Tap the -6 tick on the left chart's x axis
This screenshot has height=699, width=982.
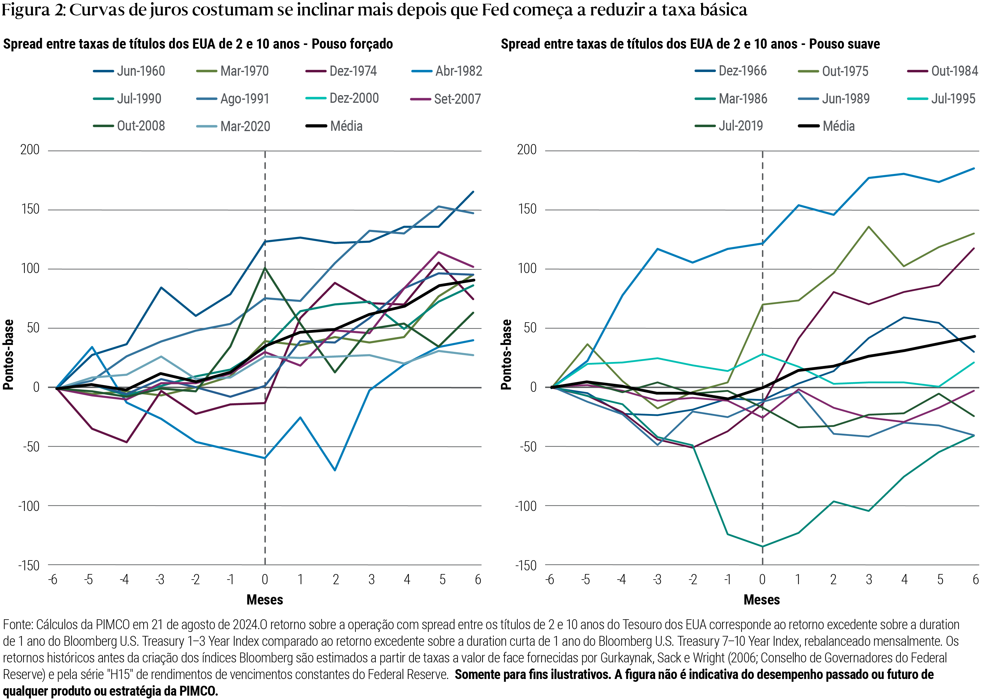pos(53,580)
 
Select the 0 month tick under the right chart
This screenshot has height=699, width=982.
pos(762,580)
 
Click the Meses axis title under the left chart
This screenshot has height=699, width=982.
pos(265,600)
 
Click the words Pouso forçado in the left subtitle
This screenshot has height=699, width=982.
pos(352,44)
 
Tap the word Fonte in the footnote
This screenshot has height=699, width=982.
pos(17,625)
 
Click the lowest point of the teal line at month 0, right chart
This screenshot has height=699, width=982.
pos(763,547)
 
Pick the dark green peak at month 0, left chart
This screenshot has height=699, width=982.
pos(265,268)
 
